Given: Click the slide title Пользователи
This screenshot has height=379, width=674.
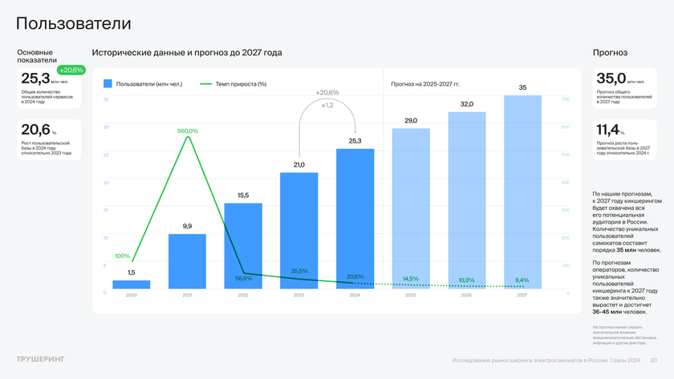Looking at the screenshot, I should click(x=74, y=23).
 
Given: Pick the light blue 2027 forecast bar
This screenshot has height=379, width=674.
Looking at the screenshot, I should click(x=522, y=192).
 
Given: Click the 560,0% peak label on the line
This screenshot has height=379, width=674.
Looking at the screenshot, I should click(x=188, y=131).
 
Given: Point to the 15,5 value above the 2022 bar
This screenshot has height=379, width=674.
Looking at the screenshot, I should click(x=243, y=196).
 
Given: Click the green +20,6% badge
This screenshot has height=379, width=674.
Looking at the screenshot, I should click(x=71, y=70).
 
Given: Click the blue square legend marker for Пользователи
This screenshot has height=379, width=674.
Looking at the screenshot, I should click(x=108, y=83).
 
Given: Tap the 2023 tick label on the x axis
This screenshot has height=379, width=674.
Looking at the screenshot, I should click(x=298, y=296).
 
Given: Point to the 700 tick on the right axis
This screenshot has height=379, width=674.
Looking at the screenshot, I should click(x=565, y=99).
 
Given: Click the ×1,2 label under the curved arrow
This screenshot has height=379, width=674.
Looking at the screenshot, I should click(x=327, y=105).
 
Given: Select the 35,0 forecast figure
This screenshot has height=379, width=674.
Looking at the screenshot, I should click(x=611, y=79).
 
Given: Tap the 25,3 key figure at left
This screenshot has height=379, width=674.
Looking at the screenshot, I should click(x=35, y=79).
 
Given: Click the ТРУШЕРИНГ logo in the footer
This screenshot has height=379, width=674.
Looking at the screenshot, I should click(x=41, y=358).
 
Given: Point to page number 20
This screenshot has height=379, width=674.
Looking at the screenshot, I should click(x=653, y=361).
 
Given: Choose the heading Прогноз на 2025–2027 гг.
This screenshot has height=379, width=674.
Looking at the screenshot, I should click(x=425, y=83).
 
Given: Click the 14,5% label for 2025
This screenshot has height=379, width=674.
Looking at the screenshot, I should click(x=411, y=279).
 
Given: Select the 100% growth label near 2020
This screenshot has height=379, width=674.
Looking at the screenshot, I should click(x=122, y=256).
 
